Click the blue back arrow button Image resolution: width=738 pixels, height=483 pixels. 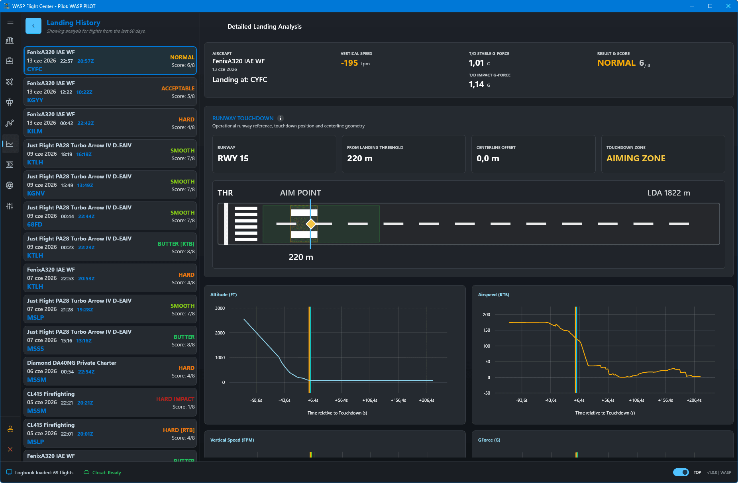point(33,26)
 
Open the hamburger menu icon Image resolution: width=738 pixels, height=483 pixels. point(10,22)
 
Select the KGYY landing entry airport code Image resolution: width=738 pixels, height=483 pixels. point(35,100)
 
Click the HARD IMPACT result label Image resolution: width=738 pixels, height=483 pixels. point(175,399)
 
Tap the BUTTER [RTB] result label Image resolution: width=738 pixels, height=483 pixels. point(176,244)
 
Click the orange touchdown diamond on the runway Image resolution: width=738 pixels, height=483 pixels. point(311,224)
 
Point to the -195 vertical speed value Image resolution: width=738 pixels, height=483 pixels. point(349,63)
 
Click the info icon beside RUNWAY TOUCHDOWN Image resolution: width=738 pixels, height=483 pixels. point(281,118)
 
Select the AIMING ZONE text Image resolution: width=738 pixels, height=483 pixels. point(636,158)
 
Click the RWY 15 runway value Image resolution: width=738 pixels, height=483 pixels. point(233,158)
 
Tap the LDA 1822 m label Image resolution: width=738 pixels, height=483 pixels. point(669,193)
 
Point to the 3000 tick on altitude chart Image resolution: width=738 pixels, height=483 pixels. point(220,308)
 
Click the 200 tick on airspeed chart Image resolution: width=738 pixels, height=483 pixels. point(487,315)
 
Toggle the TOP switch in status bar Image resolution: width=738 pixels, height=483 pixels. point(681,472)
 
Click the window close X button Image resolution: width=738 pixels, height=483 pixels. point(728,6)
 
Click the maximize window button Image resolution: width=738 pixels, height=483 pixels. point(710,6)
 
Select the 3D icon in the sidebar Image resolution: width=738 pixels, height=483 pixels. point(10,164)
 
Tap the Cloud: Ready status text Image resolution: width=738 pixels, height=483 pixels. point(106,473)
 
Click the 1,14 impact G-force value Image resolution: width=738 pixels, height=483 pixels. point(476,84)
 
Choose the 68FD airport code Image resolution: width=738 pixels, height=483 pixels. point(35,225)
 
